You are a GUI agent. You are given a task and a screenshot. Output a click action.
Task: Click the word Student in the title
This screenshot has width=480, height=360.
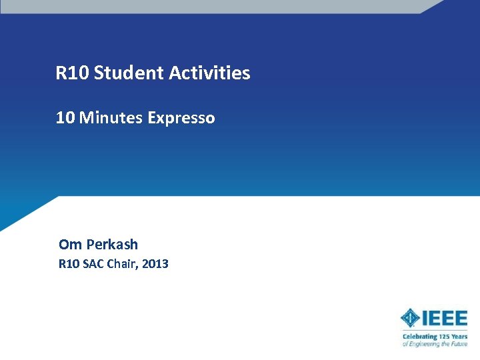tap(129, 73)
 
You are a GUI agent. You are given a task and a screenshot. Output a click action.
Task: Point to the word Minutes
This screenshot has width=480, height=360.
tap(111, 118)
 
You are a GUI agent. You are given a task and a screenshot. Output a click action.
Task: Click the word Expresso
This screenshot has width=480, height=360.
tap(181, 118)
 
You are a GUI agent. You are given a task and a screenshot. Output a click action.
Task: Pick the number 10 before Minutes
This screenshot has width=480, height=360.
tap(65, 118)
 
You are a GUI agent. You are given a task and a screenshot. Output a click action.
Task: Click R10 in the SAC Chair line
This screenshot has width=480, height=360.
tap(69, 264)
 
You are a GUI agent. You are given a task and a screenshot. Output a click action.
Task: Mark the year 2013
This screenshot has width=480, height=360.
tap(155, 264)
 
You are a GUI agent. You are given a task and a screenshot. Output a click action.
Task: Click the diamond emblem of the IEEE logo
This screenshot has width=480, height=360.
tap(410, 319)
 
